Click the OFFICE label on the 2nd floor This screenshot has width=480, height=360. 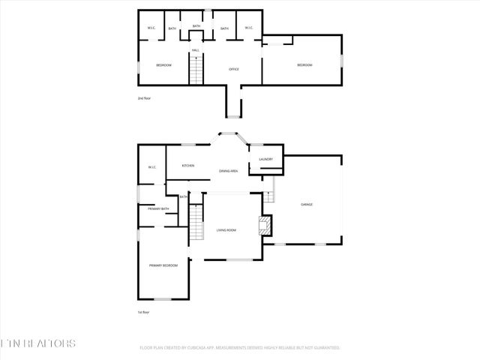(x=233, y=69)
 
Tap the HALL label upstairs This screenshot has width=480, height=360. (x=195, y=50)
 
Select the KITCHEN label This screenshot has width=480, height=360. (x=188, y=165)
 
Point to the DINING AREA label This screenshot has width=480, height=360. (x=229, y=172)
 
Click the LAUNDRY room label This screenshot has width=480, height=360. (x=265, y=159)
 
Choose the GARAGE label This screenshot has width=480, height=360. (x=307, y=204)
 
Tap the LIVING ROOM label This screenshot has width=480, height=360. (x=226, y=230)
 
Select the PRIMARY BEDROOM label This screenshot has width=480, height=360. (x=163, y=265)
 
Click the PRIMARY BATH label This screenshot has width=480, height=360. (x=158, y=208)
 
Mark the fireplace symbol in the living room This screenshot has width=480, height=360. (x=263, y=226)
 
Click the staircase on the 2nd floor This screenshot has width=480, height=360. (x=196, y=72)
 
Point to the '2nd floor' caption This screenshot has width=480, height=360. (x=144, y=98)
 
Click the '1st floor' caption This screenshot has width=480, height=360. (x=142, y=311)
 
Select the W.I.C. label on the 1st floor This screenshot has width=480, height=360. (x=151, y=167)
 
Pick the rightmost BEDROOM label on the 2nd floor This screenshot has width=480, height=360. (x=304, y=65)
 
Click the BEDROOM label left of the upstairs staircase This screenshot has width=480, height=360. (x=163, y=65)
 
